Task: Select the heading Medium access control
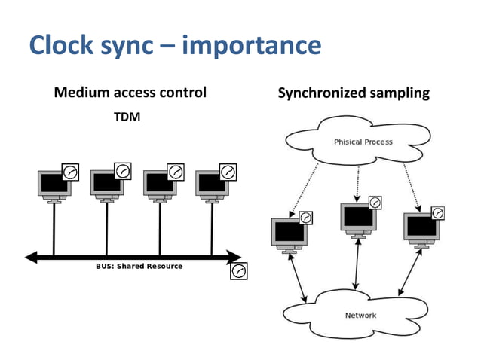click(130, 93)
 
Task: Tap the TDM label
click(127, 117)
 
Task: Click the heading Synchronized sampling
click(353, 93)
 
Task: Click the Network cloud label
click(360, 315)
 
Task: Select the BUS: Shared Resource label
click(139, 266)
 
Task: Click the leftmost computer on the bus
click(54, 185)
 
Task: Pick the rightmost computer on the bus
click(212, 185)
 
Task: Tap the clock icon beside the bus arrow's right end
click(238, 270)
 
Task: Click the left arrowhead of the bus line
click(31, 258)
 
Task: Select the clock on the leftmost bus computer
click(70, 172)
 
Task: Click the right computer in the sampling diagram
click(421, 228)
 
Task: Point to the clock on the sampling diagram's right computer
click(437, 213)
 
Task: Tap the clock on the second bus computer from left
click(123, 172)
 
